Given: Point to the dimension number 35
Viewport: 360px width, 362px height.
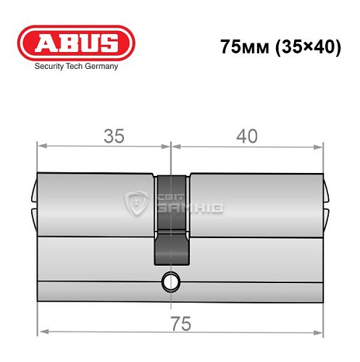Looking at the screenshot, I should pos(114,135).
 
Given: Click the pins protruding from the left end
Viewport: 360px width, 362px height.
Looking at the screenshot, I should pos(33,204).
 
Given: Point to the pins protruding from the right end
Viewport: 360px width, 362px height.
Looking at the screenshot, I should pos(326,204).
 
